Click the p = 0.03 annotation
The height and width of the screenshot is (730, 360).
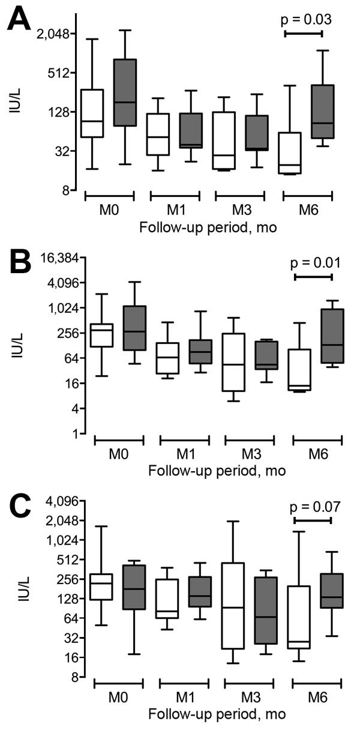(306, 20)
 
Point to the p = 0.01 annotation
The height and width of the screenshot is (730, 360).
(315, 262)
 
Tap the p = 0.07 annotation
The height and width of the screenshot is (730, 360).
(315, 507)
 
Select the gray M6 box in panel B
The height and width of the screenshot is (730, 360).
(332, 336)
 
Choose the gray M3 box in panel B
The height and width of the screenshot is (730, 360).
(266, 355)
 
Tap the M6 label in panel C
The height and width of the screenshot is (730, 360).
(317, 699)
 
